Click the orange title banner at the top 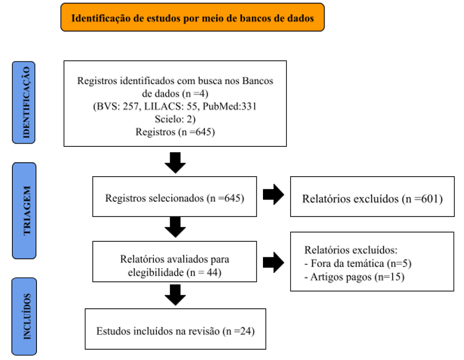pos(192,17)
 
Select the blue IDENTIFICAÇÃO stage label pos(24,103)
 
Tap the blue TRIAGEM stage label pos(24,210)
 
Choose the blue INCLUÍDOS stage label pos(24,316)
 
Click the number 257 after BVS pos(131,107)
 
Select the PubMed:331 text pos(230,107)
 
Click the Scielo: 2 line pos(175,119)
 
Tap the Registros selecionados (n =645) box pos(174,197)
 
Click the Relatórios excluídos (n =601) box pos(372,197)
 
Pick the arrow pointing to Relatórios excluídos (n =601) pos(273,194)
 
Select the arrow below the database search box pos(175,163)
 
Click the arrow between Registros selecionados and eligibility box pos(175,227)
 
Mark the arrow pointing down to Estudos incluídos pos(175,295)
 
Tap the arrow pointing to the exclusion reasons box pos(273,262)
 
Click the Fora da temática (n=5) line pos(358,263)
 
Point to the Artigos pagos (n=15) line pos(354,277)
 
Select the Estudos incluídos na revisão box pos(175,329)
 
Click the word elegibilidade pos(155,272)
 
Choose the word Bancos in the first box pos(258,80)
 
